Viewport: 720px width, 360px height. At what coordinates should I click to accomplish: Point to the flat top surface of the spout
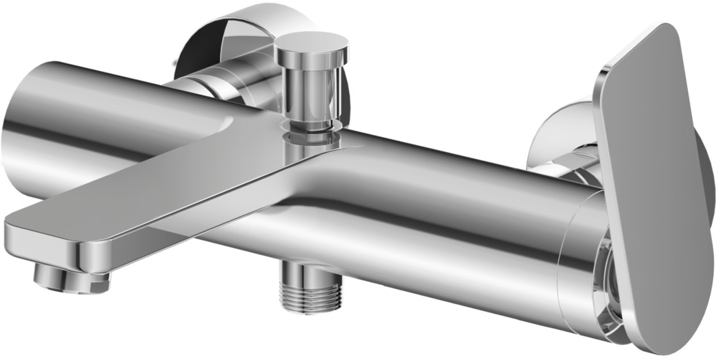click(157, 181)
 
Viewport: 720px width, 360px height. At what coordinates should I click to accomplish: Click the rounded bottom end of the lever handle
click(665, 341)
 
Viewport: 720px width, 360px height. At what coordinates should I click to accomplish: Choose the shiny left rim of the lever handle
click(603, 170)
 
